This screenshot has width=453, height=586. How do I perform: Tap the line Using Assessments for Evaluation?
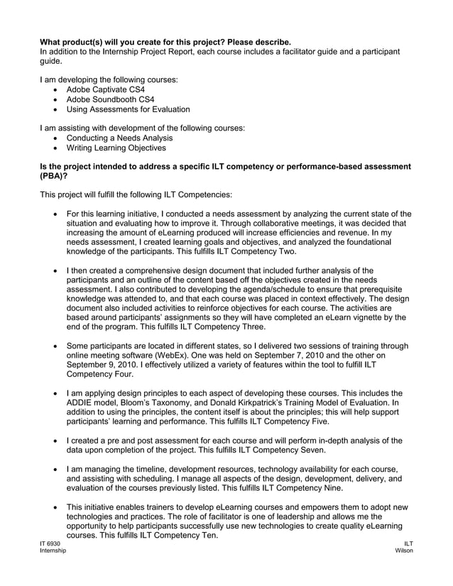coord(128,110)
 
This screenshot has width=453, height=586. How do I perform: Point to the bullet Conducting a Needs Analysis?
coord(119,138)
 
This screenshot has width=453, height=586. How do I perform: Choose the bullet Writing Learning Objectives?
coord(116,148)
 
